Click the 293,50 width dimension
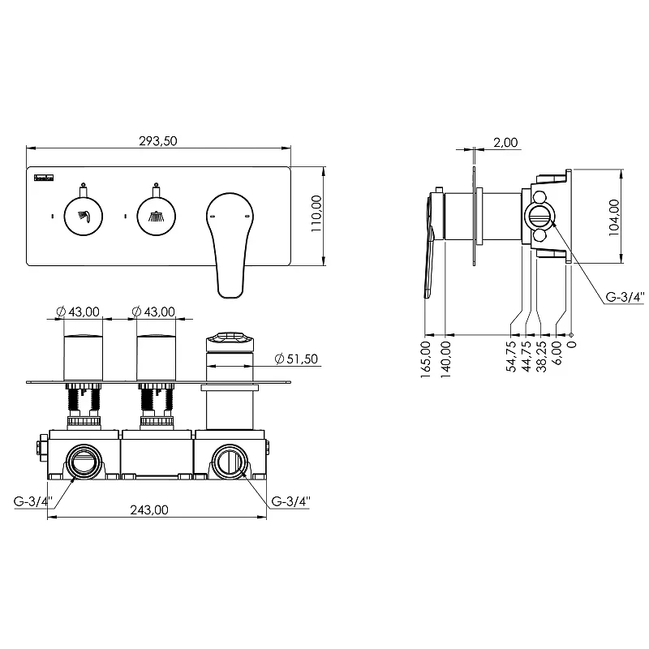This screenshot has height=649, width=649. tap(157, 141)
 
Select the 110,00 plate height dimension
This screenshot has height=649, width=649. tap(316, 213)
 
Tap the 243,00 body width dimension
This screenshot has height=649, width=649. tap(149, 510)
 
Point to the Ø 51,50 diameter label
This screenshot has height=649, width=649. tap(296, 359)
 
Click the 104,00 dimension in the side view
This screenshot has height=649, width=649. tap(614, 217)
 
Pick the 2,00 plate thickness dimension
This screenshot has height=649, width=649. tap(505, 143)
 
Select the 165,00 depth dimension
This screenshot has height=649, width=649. tap(426, 359)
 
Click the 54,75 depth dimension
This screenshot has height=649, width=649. tap(512, 356)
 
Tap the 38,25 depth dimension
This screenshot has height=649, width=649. tap(541, 356)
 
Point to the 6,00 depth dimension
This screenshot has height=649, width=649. tap(557, 353)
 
